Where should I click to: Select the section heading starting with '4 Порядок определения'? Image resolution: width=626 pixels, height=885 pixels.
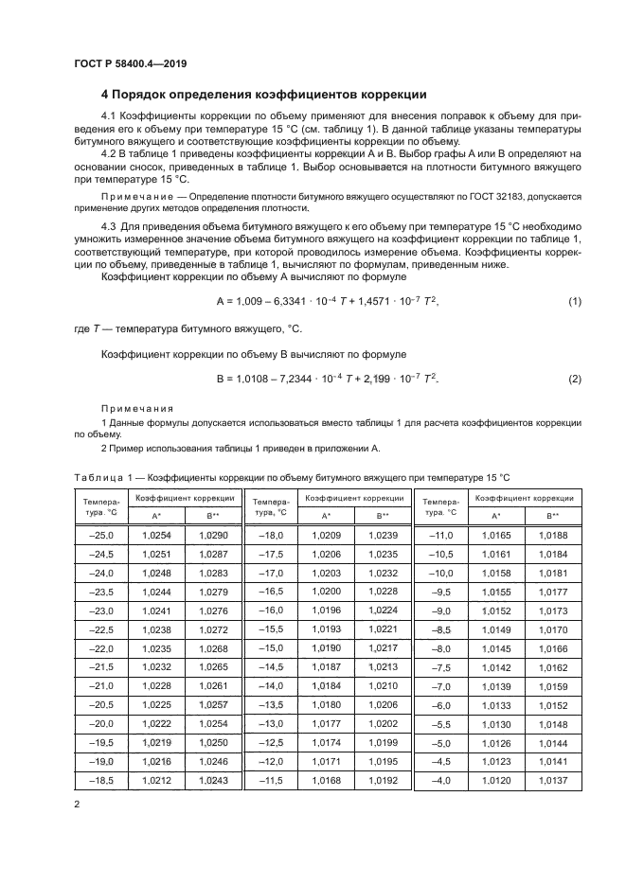(263, 95)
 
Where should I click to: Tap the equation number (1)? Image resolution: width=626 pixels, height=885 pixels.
(574, 301)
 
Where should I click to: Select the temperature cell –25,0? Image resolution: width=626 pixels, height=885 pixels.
(99, 536)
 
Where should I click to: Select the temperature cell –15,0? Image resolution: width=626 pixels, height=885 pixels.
(270, 648)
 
